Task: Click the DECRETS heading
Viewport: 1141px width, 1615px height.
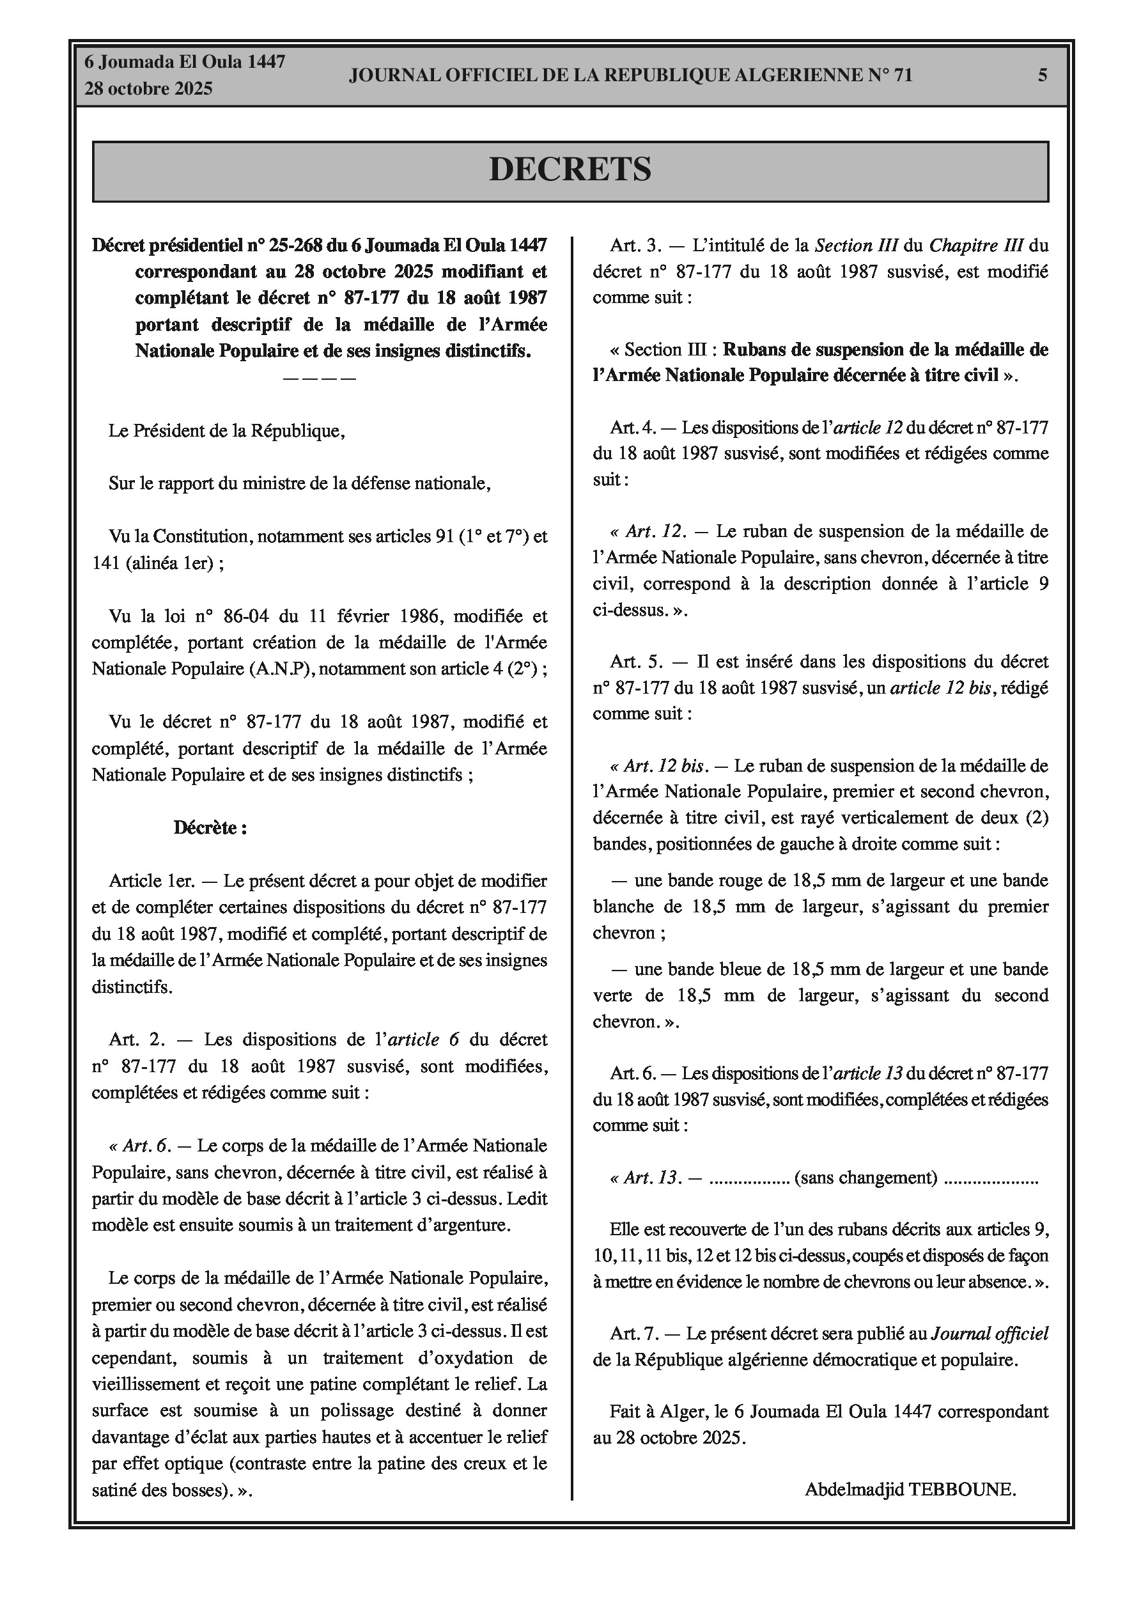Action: tap(570, 169)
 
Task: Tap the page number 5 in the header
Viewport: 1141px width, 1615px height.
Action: tap(1043, 75)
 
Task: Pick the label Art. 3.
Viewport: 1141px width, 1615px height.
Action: tap(636, 246)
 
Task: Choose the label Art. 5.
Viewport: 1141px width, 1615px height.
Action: tap(636, 661)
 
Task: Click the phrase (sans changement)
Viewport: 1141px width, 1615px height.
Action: tap(865, 1178)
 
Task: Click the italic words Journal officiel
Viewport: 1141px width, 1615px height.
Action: tap(990, 1333)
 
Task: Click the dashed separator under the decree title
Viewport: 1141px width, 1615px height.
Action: tap(320, 378)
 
